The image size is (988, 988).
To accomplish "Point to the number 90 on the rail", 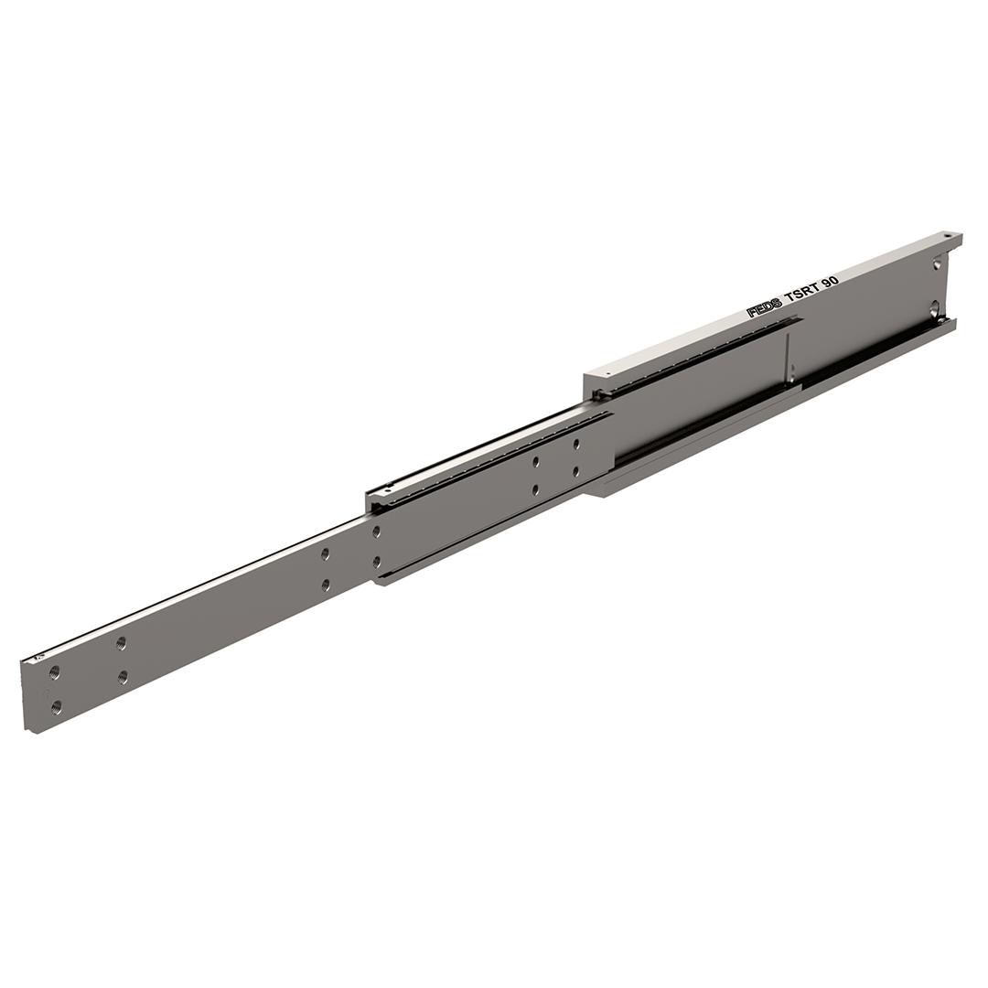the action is click(x=831, y=279).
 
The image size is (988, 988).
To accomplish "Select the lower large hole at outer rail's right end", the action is click(x=937, y=308).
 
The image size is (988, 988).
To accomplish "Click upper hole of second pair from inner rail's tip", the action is click(x=121, y=643).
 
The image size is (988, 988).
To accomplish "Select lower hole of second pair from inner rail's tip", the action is click(x=123, y=677).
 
